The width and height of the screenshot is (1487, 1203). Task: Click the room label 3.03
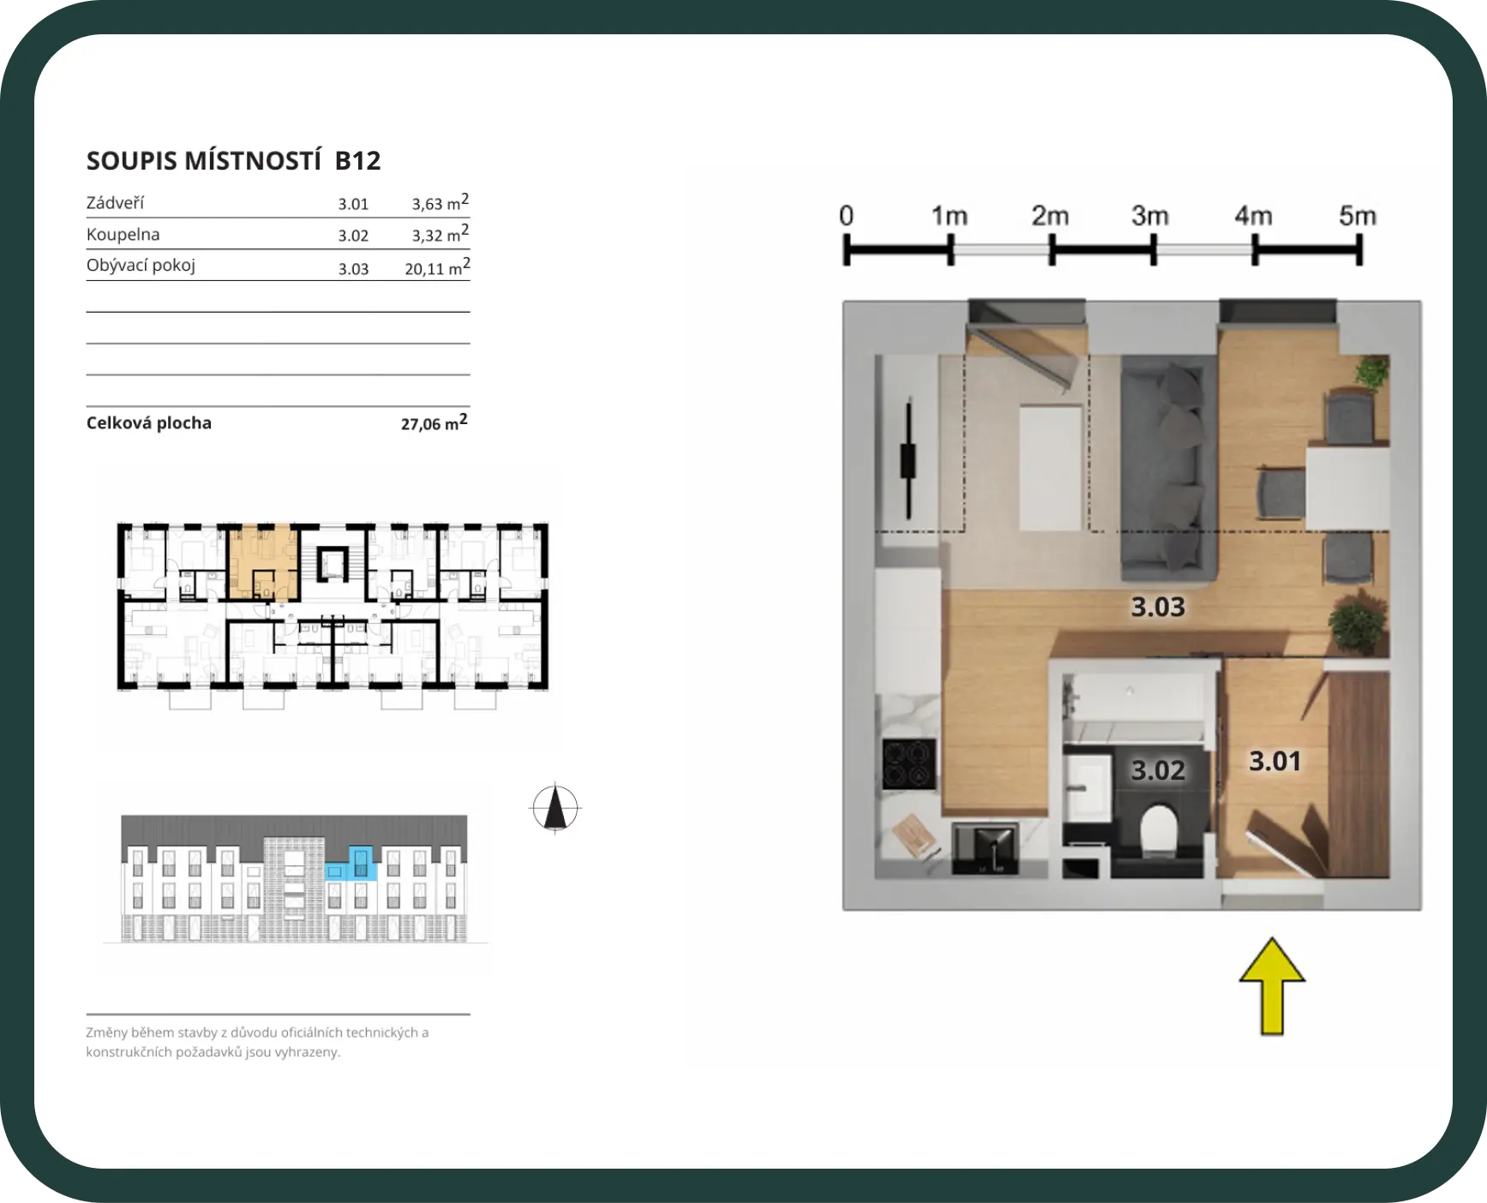tap(1158, 607)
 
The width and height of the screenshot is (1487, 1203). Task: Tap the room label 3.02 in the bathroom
tap(1158, 769)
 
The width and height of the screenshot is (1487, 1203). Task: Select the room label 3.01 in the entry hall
tap(1274, 761)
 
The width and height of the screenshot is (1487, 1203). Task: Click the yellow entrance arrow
tap(1272, 986)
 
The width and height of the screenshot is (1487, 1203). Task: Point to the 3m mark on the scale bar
tap(1153, 250)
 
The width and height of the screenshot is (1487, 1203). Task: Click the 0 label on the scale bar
tap(846, 215)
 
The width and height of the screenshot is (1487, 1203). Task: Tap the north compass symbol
tap(555, 807)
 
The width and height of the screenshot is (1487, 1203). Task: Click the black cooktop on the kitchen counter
tap(909, 763)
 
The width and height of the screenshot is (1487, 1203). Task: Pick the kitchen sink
tap(986, 848)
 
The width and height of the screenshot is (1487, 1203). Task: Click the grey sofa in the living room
tap(1170, 468)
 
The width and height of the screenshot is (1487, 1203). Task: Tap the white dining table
tap(1347, 487)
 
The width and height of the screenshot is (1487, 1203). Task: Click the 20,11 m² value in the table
tap(437, 266)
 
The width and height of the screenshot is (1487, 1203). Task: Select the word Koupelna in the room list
tap(123, 234)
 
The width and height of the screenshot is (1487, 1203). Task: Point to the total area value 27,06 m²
tap(434, 422)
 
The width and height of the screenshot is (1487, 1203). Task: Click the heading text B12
tap(357, 160)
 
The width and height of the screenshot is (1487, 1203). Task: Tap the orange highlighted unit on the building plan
tap(263, 562)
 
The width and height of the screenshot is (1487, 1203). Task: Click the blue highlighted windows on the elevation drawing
tap(352, 863)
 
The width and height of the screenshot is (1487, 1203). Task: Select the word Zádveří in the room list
tap(115, 203)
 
